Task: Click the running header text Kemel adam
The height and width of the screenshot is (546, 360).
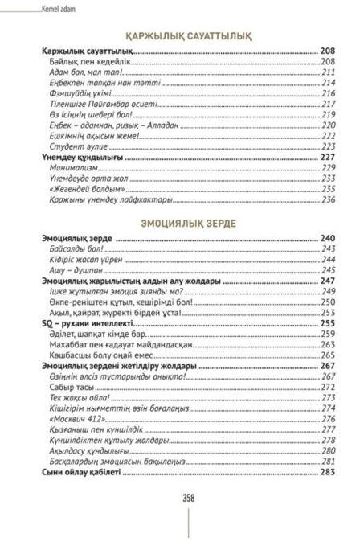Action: pyautogui.click(x=33, y=10)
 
